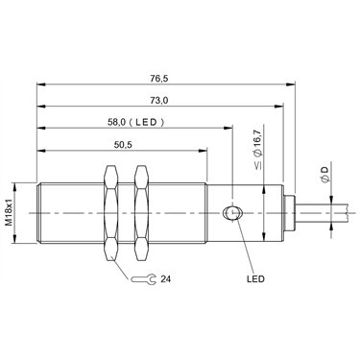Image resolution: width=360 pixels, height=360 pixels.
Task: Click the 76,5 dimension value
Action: click(x=159, y=79)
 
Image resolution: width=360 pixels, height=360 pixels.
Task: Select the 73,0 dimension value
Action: click(x=159, y=101)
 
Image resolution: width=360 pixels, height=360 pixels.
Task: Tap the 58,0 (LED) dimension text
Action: click(x=135, y=122)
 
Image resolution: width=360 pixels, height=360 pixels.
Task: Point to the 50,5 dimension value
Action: click(x=123, y=145)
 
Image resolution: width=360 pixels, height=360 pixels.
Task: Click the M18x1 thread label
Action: click(x=10, y=212)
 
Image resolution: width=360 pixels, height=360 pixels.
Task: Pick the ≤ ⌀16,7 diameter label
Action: click(x=259, y=147)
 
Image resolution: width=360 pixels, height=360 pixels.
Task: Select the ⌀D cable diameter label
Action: click(x=324, y=175)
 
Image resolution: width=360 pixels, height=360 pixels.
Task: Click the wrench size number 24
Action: click(x=166, y=279)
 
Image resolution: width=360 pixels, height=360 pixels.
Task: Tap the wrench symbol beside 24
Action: click(x=143, y=279)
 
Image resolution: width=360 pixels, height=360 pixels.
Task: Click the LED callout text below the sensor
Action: click(x=255, y=278)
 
